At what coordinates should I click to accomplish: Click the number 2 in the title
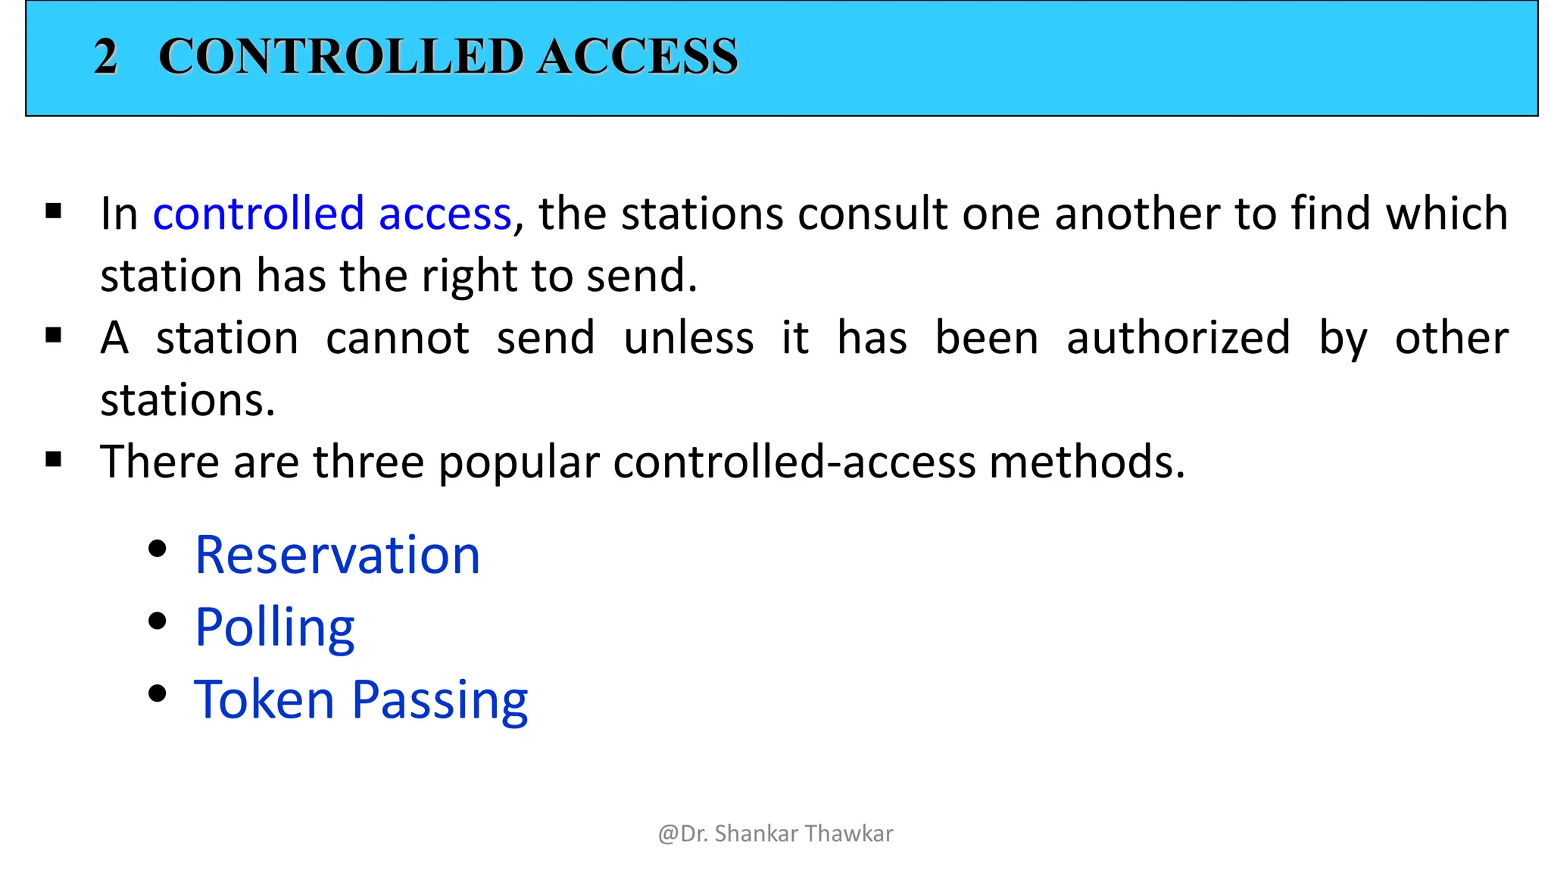pyautogui.click(x=105, y=57)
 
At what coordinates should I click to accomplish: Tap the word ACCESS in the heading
pyautogui.click(x=638, y=57)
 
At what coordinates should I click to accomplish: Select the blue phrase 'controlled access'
pyautogui.click(x=332, y=214)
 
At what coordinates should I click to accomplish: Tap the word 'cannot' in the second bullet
pyautogui.click(x=398, y=338)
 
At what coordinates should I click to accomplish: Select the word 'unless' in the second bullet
pyautogui.click(x=688, y=338)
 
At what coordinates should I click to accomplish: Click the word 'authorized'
pyautogui.click(x=1178, y=338)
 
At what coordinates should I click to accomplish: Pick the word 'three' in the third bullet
pyautogui.click(x=369, y=462)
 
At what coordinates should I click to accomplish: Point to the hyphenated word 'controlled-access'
pyautogui.click(x=794, y=462)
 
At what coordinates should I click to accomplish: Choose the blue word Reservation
pyautogui.click(x=338, y=555)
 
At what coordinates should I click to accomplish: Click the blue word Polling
pyautogui.click(x=275, y=628)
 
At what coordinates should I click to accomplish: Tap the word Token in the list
pyautogui.click(x=264, y=699)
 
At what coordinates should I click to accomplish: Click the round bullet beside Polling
pyautogui.click(x=158, y=621)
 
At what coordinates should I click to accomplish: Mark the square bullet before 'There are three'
pyautogui.click(x=54, y=458)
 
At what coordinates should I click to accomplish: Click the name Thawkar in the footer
pyautogui.click(x=849, y=834)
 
